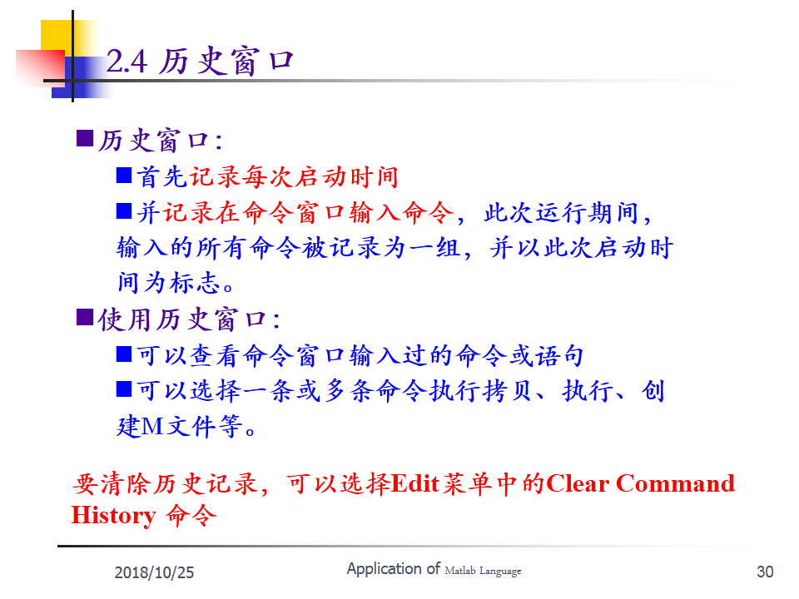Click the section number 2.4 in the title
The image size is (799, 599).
127,62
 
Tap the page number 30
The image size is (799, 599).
765,572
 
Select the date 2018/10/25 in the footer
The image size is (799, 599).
154,572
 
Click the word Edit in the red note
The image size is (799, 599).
415,483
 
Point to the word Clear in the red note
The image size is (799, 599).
578,483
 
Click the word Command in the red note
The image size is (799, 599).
675,483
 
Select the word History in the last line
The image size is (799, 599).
114,516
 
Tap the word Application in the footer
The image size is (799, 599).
385,569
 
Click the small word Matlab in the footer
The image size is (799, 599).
459,571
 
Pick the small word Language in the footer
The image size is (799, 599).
500,572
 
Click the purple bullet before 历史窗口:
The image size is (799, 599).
85,138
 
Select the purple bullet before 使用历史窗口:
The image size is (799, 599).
85,317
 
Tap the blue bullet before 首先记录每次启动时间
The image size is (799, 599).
124,175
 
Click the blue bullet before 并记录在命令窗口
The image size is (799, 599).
124,210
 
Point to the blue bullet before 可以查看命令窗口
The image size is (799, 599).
124,354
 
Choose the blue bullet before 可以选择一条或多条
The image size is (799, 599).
124,389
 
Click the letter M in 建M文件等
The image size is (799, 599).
151,426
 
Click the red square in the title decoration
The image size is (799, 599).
40,67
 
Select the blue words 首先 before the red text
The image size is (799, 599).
161,176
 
